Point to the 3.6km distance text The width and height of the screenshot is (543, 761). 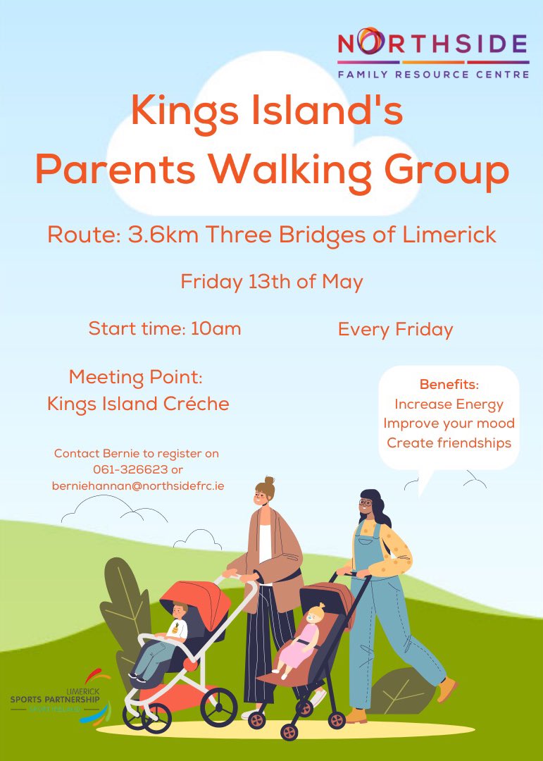click(x=159, y=235)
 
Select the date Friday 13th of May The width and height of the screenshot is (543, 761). click(x=271, y=283)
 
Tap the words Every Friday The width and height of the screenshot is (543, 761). click(x=395, y=329)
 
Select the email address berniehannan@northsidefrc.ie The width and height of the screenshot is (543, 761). click(x=137, y=485)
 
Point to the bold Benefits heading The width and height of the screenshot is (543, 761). click(x=449, y=385)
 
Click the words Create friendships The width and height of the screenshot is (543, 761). click(x=449, y=443)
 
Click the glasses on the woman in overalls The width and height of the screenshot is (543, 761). click(x=365, y=503)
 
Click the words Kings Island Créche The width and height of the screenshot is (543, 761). click(x=138, y=404)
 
